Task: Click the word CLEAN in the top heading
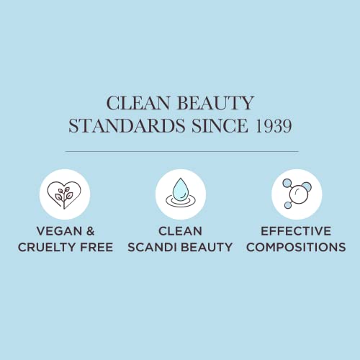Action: coord(138,103)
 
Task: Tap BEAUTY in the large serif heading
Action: coord(215,103)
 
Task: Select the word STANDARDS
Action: coord(127,125)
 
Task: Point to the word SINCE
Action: coord(220,125)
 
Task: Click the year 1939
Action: coord(274,125)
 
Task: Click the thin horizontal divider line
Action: coord(181,152)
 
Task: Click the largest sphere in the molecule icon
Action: coord(299,194)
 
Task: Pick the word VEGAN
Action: coord(59,231)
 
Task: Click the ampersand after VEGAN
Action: coord(90,231)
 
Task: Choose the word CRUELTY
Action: coord(45,247)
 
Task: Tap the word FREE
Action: coord(96,247)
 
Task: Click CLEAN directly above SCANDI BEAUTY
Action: coord(180,231)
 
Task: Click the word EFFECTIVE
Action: coord(296,231)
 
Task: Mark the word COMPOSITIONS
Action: coord(296,247)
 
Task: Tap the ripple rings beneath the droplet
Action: coord(181,204)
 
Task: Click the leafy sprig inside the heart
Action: coord(64,198)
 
